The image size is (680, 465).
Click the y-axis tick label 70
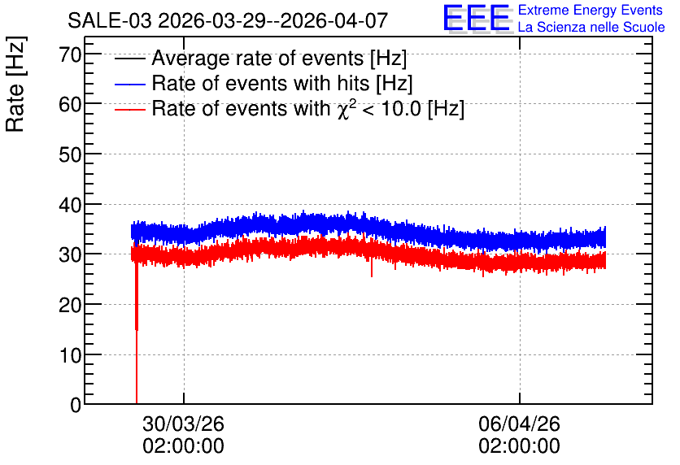(x=70, y=54)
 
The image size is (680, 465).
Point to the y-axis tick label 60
(x=70, y=104)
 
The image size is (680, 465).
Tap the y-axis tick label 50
(x=70, y=154)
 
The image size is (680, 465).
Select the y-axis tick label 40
(x=70, y=205)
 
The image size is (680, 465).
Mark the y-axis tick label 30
(x=70, y=254)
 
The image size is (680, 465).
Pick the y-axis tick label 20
(x=70, y=305)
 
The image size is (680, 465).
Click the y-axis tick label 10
(x=70, y=355)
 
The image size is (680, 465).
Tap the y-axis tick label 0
(x=76, y=405)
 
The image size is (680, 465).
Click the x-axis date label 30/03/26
(x=184, y=424)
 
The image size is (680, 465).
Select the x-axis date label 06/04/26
(x=520, y=424)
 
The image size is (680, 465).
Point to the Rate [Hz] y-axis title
(x=15, y=84)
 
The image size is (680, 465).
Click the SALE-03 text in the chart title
(x=110, y=20)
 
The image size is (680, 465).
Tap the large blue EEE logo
(x=477, y=19)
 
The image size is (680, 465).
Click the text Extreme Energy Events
(x=591, y=10)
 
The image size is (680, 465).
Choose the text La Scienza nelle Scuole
(x=591, y=27)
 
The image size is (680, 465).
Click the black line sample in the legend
(x=129, y=59)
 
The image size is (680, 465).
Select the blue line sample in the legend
(x=129, y=84)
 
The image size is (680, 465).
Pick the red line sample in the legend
(x=129, y=110)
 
